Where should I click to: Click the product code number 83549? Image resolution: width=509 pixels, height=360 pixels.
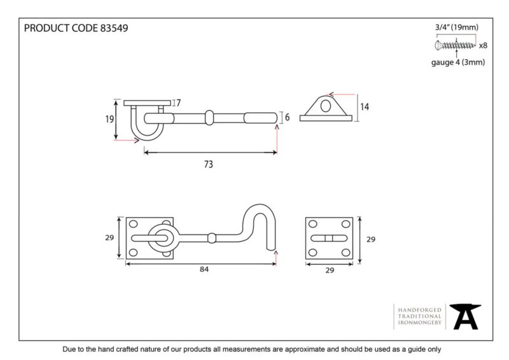pos(114,28)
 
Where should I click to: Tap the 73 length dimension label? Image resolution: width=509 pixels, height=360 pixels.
pos(209,164)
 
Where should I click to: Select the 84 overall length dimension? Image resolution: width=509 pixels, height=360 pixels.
pos(204,269)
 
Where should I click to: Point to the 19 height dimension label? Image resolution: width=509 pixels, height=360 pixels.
pos(109,119)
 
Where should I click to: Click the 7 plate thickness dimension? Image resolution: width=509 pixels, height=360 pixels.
pos(178,103)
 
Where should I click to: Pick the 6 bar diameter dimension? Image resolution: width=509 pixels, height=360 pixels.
pos(288,117)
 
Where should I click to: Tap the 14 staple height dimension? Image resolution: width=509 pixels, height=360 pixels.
pos(365,107)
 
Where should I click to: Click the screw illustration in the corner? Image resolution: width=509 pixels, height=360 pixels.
pos(455,45)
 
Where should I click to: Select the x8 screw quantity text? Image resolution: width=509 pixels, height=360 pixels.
pos(483,45)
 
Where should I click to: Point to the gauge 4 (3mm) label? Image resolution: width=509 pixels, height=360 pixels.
pos(457,62)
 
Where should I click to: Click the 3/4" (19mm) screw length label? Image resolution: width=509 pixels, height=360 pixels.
pos(456,27)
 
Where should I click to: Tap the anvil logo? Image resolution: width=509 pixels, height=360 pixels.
pos(465,316)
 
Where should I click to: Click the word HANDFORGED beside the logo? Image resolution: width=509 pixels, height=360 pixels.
pos(419,310)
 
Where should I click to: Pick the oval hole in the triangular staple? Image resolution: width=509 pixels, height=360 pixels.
pos(326,106)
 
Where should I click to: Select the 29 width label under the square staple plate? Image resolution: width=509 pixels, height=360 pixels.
pos(330,270)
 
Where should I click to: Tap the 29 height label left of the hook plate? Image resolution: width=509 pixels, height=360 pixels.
pos(109,238)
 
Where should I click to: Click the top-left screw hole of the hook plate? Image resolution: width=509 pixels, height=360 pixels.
pos(133,224)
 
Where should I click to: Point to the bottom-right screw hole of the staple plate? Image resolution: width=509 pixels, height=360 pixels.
pos(345,253)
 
